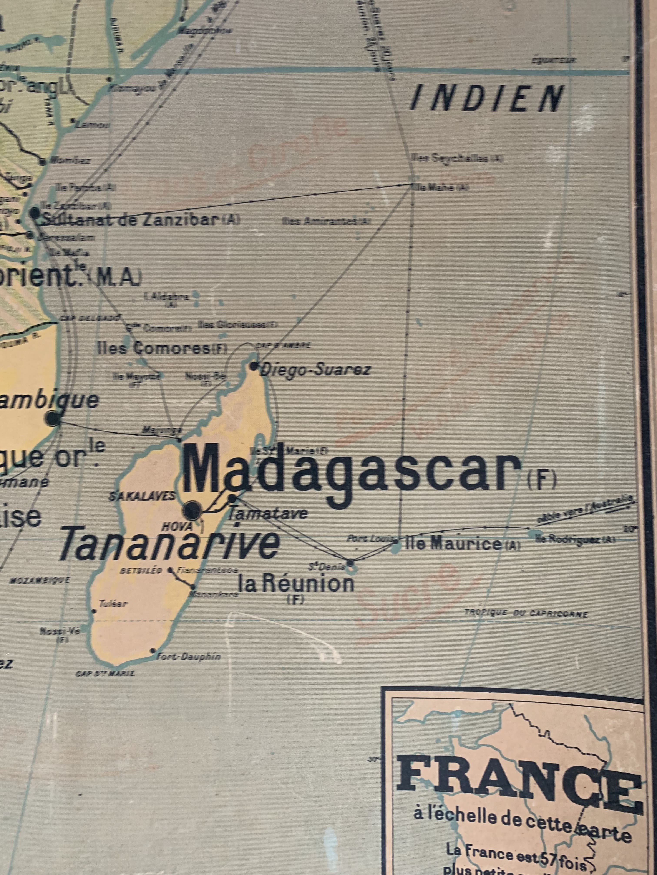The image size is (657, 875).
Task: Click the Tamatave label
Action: (268, 513)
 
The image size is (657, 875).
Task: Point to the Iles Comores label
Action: (158, 348)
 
